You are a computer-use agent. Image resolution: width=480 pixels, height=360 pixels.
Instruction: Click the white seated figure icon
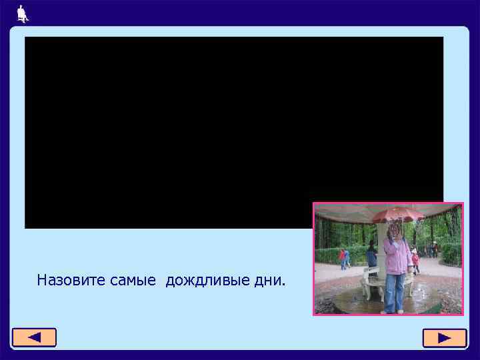[23, 13]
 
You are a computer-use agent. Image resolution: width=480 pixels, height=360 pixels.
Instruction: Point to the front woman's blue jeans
[394, 291]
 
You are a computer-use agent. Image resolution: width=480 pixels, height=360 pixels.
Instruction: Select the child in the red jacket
[415, 259]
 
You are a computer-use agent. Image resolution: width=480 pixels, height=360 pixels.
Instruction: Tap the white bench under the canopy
[371, 281]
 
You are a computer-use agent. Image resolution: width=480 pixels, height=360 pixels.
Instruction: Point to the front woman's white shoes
[394, 311]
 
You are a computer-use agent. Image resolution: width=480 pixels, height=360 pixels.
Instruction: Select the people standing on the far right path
[433, 249]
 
